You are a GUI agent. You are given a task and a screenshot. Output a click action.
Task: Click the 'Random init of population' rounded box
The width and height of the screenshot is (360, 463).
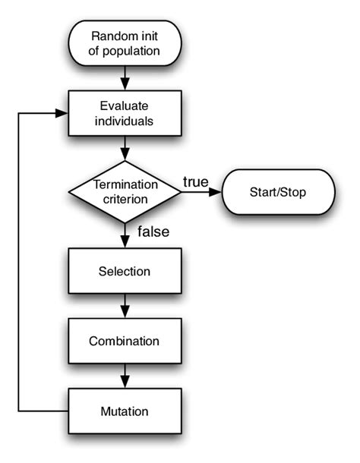pos(125,43)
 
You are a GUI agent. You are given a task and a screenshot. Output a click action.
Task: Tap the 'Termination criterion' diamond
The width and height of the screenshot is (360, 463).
pos(125,191)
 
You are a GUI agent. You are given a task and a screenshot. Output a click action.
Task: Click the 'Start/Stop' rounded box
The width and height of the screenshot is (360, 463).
pos(278,191)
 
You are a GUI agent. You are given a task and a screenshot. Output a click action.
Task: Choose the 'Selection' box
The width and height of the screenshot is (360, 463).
pos(125,271)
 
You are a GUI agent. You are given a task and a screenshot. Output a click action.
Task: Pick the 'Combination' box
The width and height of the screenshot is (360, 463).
pos(125,341)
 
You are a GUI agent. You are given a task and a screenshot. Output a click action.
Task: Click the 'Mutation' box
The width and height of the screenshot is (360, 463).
pos(125,411)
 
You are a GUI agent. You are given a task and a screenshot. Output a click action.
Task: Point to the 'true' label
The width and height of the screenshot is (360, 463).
pos(196,181)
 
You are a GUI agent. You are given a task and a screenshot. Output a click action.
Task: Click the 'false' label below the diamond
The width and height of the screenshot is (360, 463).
pos(153,231)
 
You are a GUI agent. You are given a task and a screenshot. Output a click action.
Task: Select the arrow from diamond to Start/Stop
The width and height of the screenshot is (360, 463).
pos(201,191)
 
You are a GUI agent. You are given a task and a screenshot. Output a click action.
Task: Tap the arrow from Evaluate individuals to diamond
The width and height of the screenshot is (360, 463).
pos(125,148)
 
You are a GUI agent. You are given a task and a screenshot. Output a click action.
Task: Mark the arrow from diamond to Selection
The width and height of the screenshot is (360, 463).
pos(125,235)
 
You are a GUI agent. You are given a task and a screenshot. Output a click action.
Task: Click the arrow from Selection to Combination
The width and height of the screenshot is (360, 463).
pos(125,306)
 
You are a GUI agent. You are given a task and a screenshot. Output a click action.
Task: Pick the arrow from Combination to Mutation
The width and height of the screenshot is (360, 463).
pos(125,376)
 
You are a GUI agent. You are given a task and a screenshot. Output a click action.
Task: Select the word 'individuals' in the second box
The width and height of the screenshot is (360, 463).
pos(125,121)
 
